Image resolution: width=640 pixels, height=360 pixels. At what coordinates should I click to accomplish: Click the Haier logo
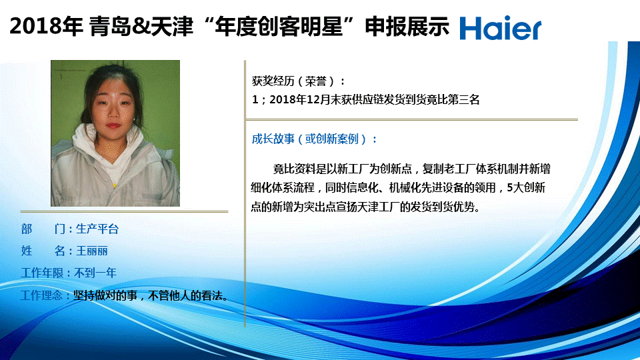click(501, 28)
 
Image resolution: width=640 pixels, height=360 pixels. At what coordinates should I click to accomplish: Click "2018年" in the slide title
click(46, 27)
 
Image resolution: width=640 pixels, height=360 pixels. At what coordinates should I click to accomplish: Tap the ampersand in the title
click(141, 27)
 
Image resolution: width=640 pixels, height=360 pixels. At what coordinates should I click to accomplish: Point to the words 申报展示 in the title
click(407, 27)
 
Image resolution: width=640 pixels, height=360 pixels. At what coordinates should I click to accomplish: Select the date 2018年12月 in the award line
click(299, 99)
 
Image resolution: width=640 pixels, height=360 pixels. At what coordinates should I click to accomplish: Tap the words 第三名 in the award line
click(464, 99)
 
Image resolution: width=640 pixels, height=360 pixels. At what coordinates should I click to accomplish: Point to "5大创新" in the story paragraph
click(526, 188)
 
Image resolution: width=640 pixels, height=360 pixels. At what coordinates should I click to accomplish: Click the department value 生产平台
click(97, 229)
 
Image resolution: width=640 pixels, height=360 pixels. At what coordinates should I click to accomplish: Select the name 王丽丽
click(92, 251)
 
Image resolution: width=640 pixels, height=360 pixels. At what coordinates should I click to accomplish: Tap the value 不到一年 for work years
click(95, 273)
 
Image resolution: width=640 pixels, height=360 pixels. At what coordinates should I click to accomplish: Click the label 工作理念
click(41, 295)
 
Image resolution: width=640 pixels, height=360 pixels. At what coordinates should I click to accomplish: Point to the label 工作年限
click(41, 273)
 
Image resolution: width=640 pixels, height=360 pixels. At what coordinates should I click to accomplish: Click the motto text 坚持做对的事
click(105, 295)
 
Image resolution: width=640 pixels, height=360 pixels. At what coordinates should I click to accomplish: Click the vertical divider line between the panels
click(245, 194)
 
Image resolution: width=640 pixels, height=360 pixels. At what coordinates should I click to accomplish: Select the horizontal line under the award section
click(412, 119)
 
